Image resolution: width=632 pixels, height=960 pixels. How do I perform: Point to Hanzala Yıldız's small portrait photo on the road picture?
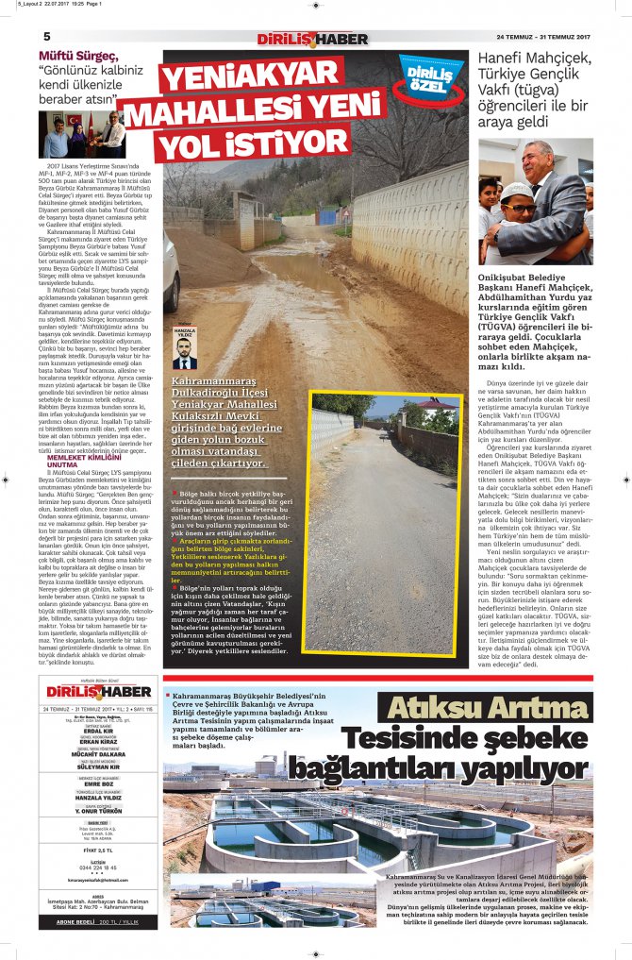[185, 353]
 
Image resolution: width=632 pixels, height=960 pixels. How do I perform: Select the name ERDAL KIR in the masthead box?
[98, 731]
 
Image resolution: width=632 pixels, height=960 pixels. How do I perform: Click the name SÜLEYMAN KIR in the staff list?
[98, 767]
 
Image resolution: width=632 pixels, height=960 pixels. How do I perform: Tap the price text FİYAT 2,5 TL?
[98, 851]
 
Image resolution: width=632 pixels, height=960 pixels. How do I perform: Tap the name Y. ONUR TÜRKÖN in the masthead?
[98, 813]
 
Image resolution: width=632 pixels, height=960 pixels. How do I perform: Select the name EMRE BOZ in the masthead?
[98, 783]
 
